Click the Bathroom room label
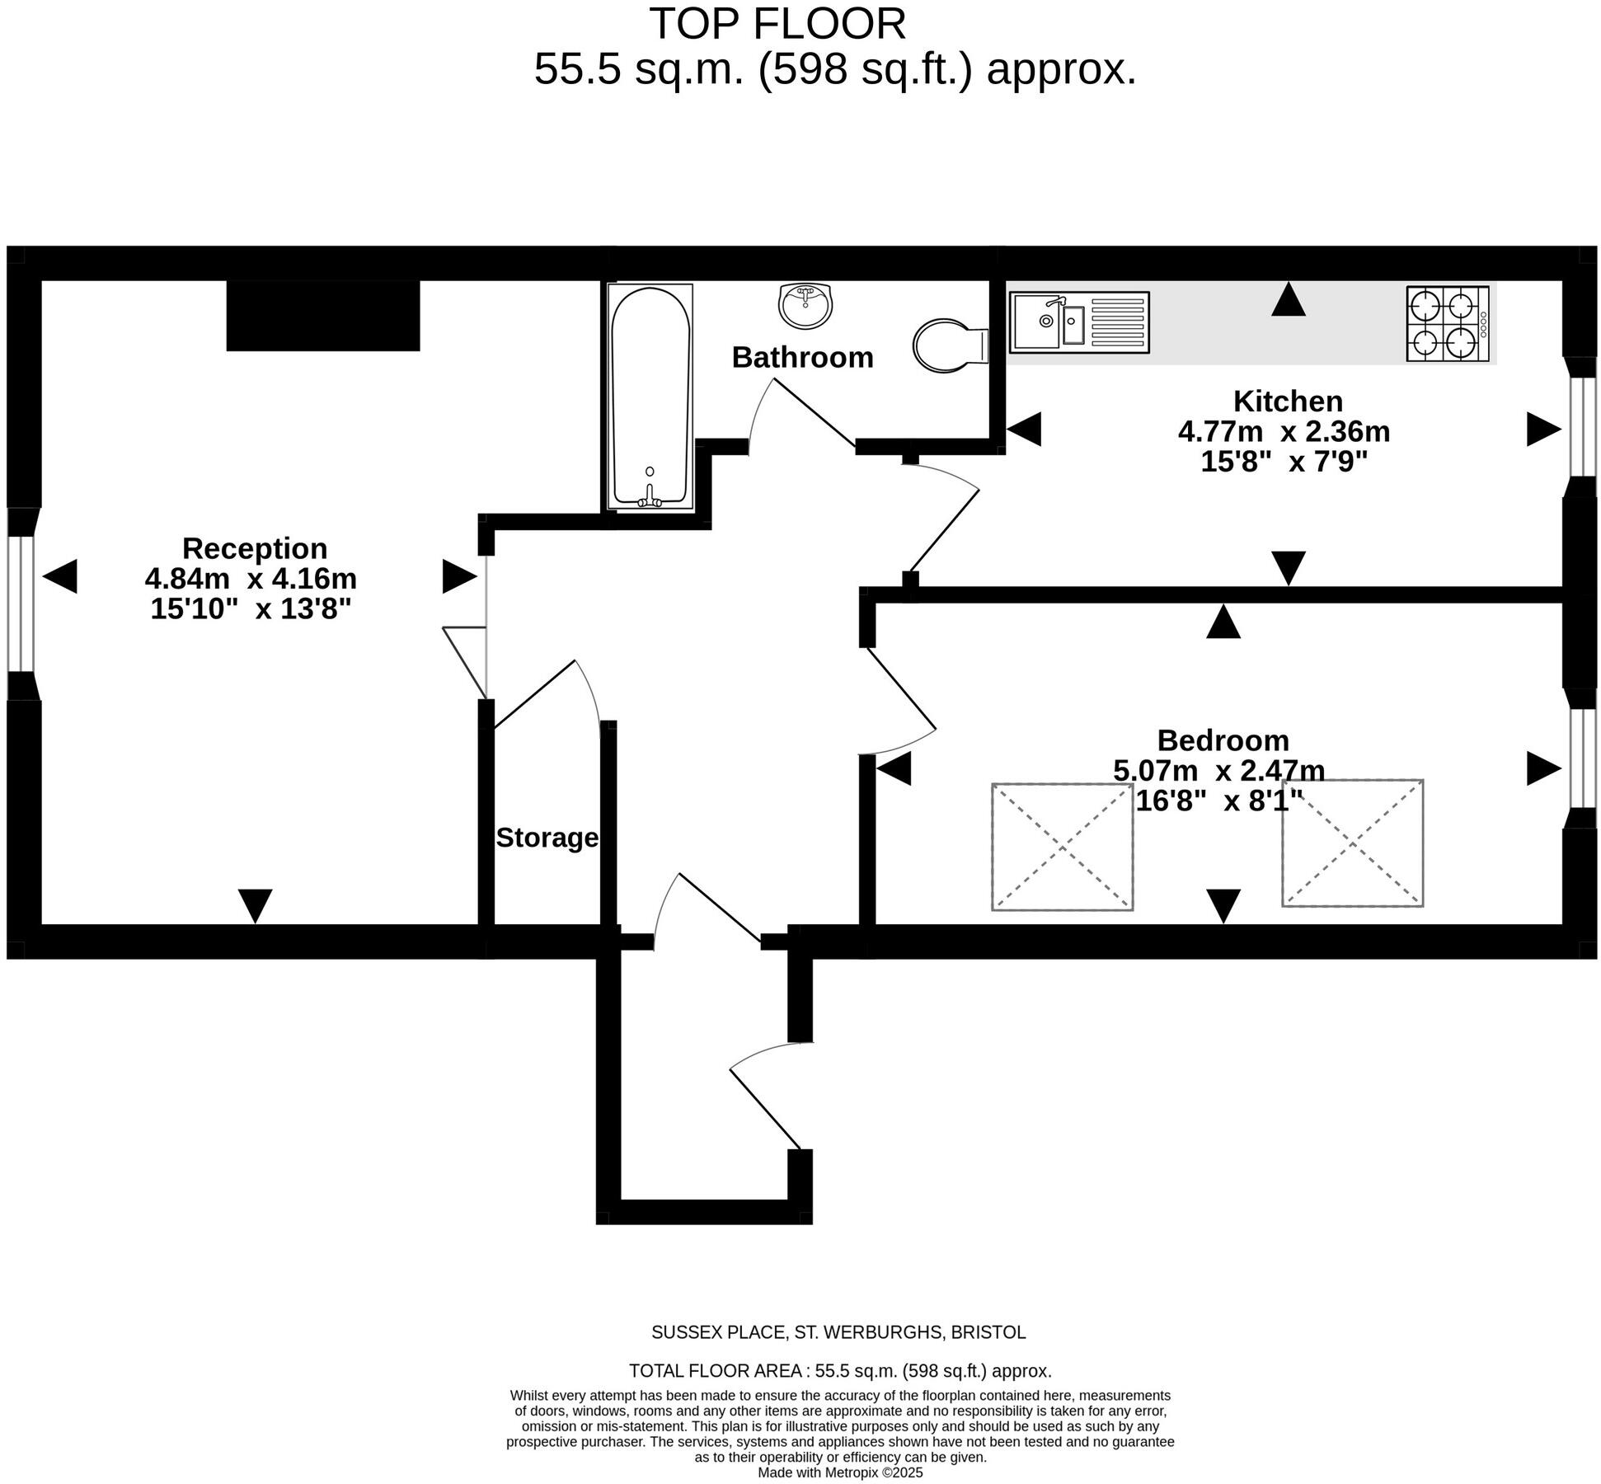(x=802, y=357)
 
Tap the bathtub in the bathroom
(x=650, y=396)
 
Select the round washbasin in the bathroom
(x=805, y=306)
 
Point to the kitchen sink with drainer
(x=1078, y=322)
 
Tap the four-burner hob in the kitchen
(x=1447, y=324)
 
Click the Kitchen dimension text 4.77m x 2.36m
(x=1284, y=431)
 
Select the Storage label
(x=547, y=838)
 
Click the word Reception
(x=255, y=548)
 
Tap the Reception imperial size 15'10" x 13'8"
(x=251, y=609)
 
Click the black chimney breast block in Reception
(x=323, y=316)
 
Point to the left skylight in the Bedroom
(x=1062, y=847)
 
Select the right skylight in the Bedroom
(x=1352, y=843)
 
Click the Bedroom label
(x=1223, y=740)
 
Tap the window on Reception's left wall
(x=22, y=603)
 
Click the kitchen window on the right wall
(x=1581, y=427)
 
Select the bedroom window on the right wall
(x=1581, y=758)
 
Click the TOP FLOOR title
(x=777, y=24)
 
